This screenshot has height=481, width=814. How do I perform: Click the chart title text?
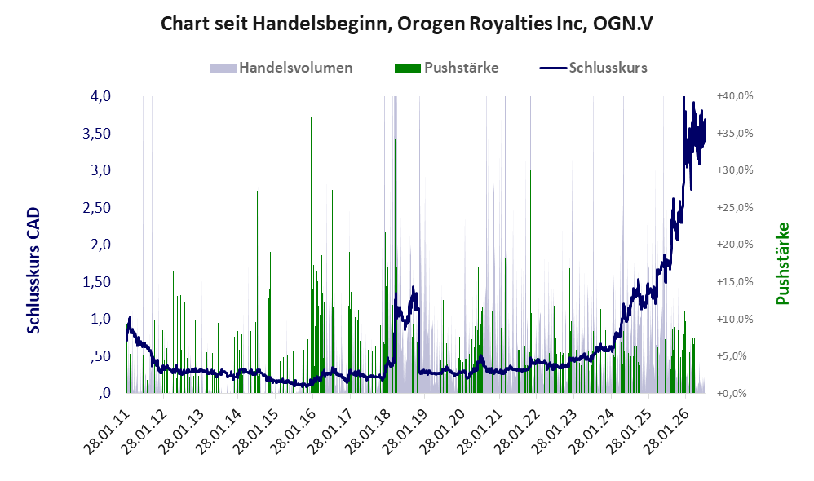[406, 24]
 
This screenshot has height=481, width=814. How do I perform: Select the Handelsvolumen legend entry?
[281, 68]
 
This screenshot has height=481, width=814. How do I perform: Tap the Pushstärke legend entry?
[446, 68]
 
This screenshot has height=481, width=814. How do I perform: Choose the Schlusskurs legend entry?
[593, 68]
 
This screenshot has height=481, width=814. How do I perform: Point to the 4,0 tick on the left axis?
[100, 96]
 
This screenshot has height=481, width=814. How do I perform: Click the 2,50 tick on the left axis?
[96, 208]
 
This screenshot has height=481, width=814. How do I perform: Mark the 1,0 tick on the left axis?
[100, 319]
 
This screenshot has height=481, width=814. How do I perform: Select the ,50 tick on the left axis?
[100, 356]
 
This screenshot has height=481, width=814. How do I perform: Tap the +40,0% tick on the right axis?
[735, 96]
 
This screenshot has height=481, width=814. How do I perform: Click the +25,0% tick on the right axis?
[735, 208]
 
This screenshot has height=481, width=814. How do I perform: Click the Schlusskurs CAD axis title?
[33, 271]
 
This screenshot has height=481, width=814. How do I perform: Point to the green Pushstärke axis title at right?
[782, 263]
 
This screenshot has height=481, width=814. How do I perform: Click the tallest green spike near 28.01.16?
[311, 254]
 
